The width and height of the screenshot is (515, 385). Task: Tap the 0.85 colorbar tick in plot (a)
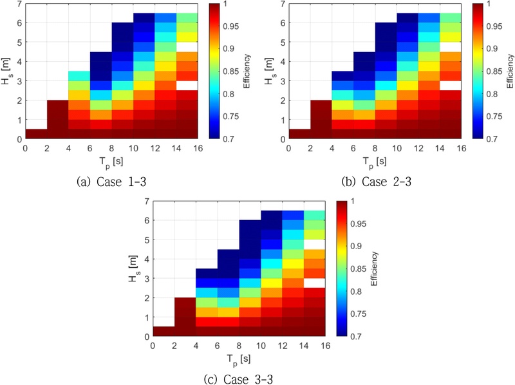point(236,71)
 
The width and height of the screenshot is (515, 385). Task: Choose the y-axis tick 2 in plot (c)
point(147,297)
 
